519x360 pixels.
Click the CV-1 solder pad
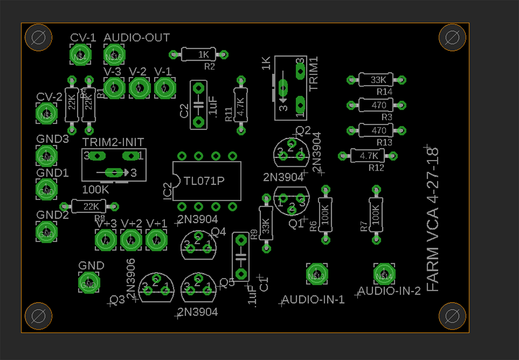(81, 56)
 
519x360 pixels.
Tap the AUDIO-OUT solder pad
(114, 56)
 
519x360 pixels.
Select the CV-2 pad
(46, 115)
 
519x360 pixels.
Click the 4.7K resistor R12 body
(368, 156)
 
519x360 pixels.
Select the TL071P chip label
(204, 181)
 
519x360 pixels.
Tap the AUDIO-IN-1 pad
(316, 275)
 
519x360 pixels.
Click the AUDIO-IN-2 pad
(384, 275)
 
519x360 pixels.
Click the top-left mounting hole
(38, 38)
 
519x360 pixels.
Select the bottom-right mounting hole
(452, 316)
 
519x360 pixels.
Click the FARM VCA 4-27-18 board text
(432, 219)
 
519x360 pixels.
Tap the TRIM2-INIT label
(113, 142)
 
